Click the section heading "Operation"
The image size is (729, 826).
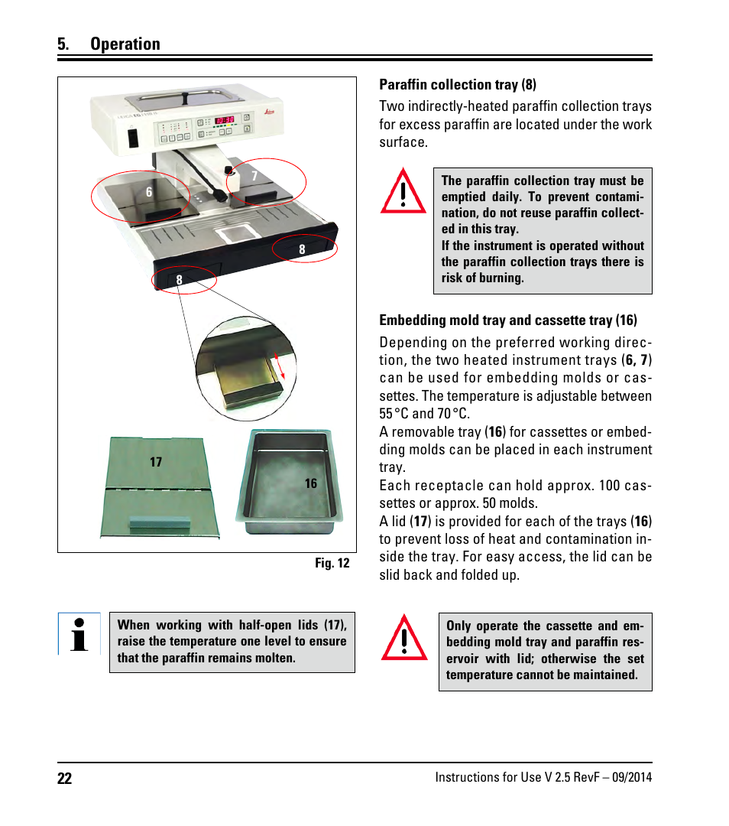tap(125, 44)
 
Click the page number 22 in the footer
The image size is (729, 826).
tap(64, 779)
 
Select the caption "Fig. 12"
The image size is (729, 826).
tap(332, 563)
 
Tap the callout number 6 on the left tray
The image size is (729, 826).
tap(150, 193)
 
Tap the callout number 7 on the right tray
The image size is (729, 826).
tap(254, 176)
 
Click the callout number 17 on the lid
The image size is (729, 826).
tap(156, 462)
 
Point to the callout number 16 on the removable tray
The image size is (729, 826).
tap(311, 483)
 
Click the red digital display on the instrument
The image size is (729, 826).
tap(224, 120)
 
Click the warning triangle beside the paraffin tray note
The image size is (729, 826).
tap(403, 191)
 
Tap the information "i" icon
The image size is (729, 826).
tap(79, 634)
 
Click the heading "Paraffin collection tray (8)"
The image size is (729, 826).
tap(458, 85)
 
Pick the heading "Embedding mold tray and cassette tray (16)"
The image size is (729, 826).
tap(507, 320)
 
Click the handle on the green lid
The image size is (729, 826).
tap(159, 524)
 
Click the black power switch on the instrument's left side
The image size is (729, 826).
tap(131, 138)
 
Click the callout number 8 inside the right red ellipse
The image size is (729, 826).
tap(302, 249)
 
